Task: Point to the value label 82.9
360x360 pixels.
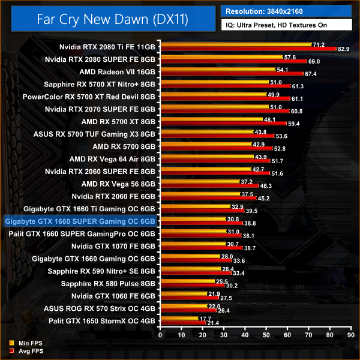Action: (344, 49)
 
